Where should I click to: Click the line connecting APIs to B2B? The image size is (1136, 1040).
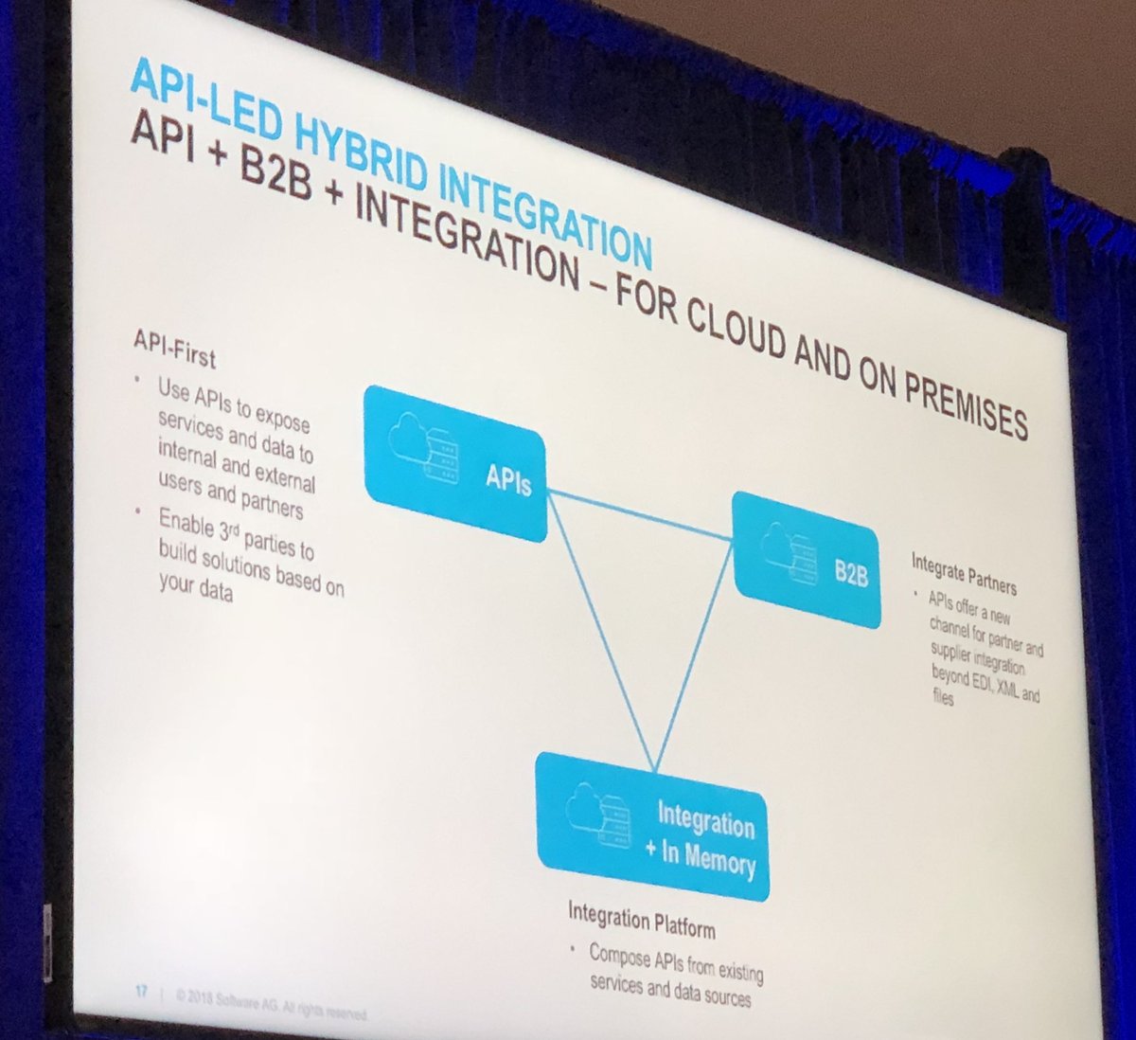640,515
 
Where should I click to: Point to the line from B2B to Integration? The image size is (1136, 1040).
696,654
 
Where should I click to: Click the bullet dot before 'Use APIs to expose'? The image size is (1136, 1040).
138,383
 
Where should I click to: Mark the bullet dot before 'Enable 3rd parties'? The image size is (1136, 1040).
139,512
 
